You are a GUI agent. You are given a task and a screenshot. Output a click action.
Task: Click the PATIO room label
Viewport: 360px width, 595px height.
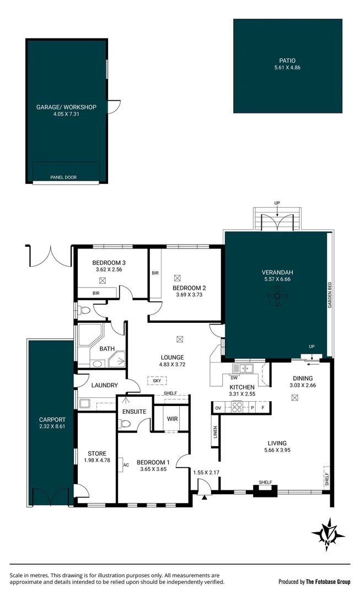287,61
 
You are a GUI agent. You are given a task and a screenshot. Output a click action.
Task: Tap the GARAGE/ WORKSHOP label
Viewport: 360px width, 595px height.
66,107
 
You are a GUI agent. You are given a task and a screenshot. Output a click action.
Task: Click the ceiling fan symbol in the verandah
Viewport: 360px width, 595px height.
277,298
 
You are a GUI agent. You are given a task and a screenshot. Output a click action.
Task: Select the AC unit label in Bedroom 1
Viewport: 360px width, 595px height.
126,464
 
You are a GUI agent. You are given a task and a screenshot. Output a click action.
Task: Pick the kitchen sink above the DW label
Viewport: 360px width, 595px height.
242,367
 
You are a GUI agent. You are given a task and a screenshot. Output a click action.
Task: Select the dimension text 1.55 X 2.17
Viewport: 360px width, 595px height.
206,472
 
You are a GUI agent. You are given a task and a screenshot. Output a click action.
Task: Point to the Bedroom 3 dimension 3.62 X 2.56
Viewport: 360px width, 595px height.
109,270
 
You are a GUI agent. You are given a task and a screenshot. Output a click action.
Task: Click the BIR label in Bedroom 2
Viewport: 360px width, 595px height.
155,273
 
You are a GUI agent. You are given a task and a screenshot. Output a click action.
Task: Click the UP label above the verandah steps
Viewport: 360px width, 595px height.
277,203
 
